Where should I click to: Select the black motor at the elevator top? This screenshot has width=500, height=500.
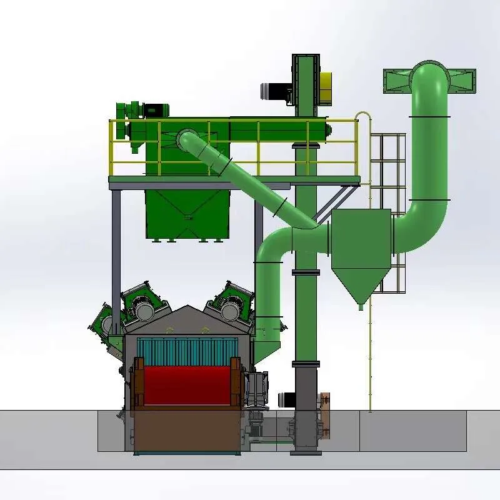(x=273, y=91)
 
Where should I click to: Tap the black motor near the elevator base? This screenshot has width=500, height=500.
(x=287, y=398)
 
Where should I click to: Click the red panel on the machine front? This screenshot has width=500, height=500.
(x=187, y=385)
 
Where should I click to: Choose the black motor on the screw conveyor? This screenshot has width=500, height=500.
(x=156, y=110)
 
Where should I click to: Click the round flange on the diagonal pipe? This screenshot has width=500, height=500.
(x=186, y=139)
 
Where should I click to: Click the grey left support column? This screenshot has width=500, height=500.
(x=116, y=250)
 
